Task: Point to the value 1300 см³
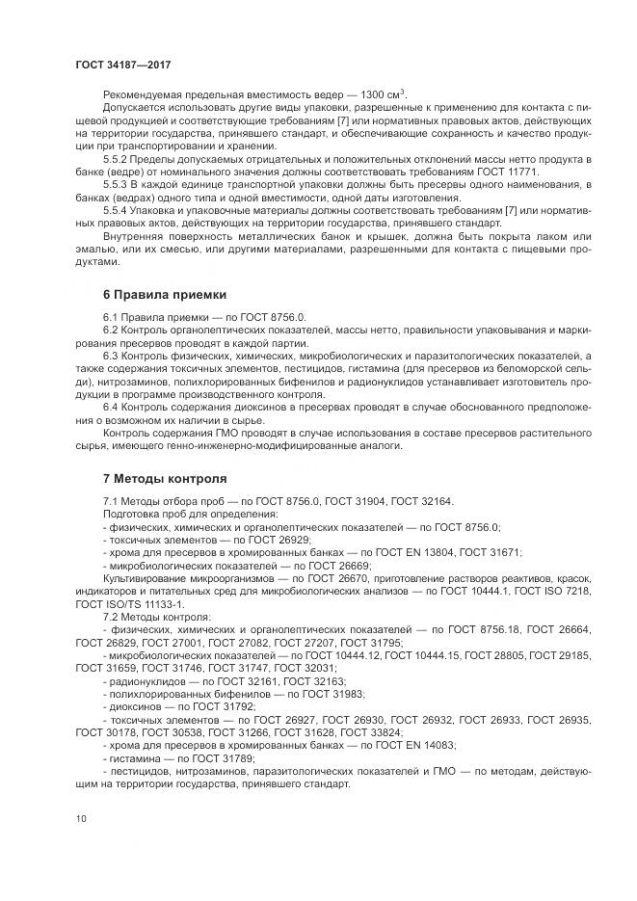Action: (386, 93)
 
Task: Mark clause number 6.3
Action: (111, 357)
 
